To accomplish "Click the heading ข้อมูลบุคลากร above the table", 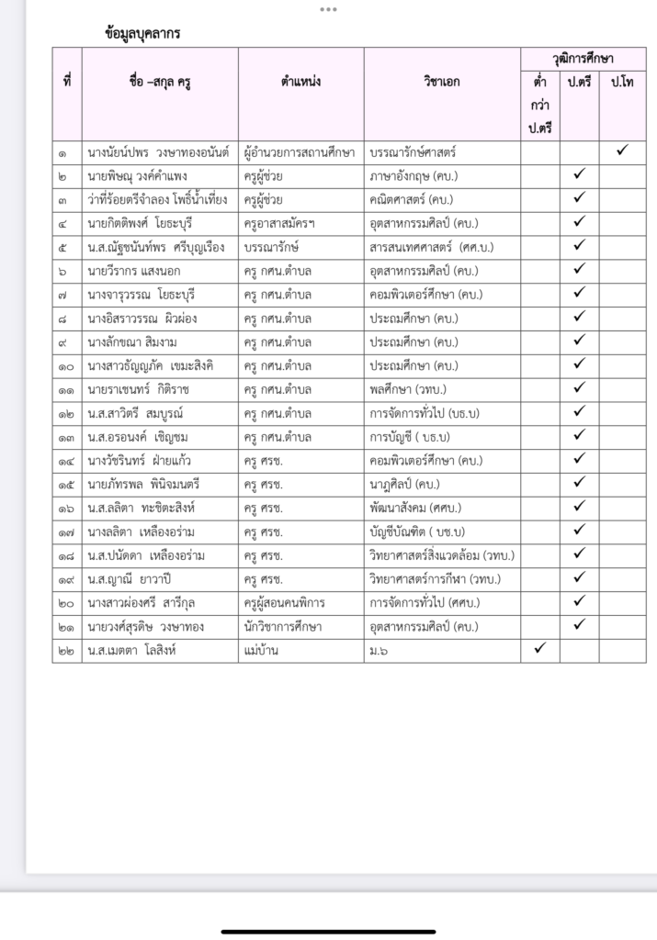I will pyautogui.click(x=142, y=33).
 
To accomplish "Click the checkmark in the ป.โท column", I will pyautogui.click(x=622, y=150).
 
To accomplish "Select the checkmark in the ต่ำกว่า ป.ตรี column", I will pyautogui.click(x=539, y=649).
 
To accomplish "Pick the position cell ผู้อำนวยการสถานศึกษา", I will pyautogui.click(x=300, y=151).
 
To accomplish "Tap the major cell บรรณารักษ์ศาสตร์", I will pyautogui.click(x=412, y=151).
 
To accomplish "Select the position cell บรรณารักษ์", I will pyautogui.click(x=272, y=247).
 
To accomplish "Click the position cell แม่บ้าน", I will pyautogui.click(x=261, y=650).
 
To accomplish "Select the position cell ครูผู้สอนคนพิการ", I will pyautogui.click(x=285, y=602).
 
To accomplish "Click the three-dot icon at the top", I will pyautogui.click(x=328, y=9).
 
